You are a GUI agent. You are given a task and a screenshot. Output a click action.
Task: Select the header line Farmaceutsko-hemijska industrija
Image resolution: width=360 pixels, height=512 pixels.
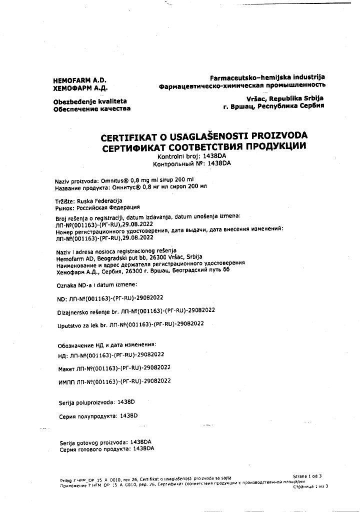coord(267,77)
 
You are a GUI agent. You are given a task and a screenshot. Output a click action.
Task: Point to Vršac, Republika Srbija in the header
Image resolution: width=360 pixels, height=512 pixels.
coord(285,98)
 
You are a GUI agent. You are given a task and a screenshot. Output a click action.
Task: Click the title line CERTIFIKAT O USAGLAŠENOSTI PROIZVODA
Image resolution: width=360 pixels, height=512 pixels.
coord(204,137)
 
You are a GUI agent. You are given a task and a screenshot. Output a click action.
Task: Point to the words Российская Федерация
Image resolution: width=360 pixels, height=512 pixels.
coord(108,207)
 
